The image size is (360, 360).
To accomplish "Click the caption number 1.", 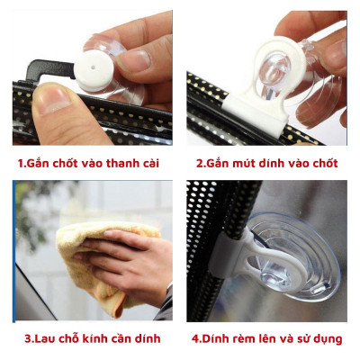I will click(x=22, y=165).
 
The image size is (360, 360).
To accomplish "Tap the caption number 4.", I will click(x=196, y=338).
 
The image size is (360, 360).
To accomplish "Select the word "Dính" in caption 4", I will click(x=217, y=338).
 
